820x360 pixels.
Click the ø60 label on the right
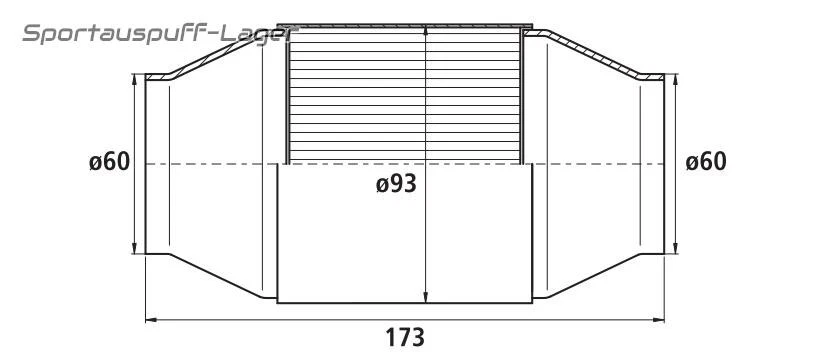(706, 162)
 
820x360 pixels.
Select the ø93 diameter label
(396, 184)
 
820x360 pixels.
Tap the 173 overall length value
(404, 337)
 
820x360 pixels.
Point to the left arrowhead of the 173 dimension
(151, 320)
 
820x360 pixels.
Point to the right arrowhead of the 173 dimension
(660, 320)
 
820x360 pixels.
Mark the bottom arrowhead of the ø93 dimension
(427, 297)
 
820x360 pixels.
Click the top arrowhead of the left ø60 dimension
(134, 78)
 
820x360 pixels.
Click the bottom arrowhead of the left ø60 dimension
(134, 249)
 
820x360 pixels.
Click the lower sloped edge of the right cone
(597, 274)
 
